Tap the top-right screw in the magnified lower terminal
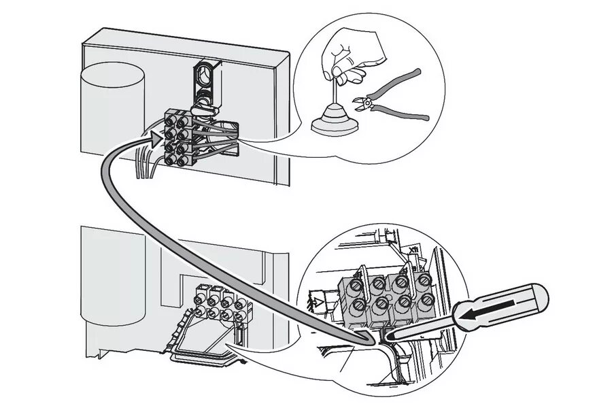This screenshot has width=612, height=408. (422, 279)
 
